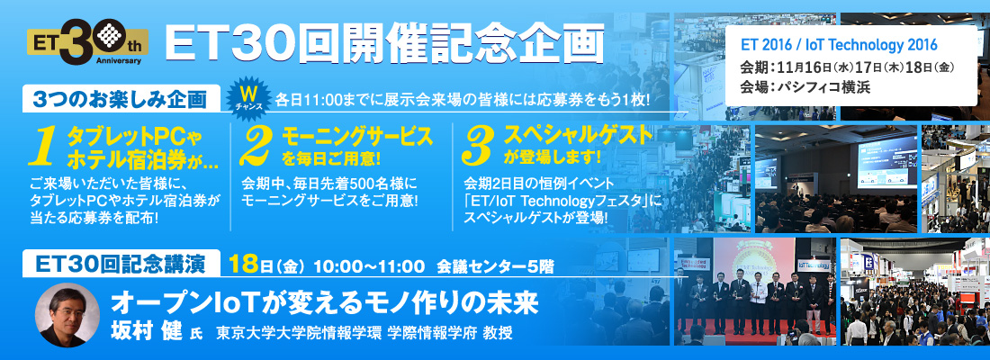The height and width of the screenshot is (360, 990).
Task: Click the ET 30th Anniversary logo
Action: point(88,43)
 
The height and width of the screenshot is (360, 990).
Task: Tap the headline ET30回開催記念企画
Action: point(384,43)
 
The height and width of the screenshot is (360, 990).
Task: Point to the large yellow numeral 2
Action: point(257,148)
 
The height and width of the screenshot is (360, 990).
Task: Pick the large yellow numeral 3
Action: point(479,148)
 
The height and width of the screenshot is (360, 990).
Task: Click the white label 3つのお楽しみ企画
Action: point(121,100)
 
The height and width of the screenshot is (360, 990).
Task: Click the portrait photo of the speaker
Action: point(67,314)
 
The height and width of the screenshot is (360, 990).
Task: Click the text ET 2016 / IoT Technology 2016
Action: point(839,46)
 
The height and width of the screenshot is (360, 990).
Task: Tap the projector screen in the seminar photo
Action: point(883,162)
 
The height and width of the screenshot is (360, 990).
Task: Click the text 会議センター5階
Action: point(495,265)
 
